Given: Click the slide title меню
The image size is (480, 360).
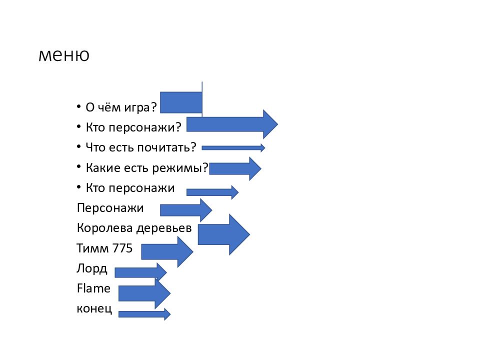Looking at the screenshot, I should (x=63, y=55).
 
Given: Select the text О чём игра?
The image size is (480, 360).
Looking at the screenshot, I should (x=121, y=107).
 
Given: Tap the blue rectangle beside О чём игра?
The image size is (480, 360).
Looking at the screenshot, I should (x=181, y=102).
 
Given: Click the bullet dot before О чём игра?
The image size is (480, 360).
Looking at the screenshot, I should (x=78, y=107).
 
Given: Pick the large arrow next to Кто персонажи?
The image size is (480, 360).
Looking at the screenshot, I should (x=232, y=124).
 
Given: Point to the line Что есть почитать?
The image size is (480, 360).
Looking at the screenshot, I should (x=141, y=147).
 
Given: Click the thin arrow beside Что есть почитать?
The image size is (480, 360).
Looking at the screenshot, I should (x=233, y=147).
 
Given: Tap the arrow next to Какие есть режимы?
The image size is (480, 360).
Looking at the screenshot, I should (x=235, y=168).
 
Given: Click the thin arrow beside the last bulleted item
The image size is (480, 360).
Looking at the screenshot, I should (x=212, y=192).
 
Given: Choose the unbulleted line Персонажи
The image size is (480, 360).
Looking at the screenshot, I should (x=110, y=208).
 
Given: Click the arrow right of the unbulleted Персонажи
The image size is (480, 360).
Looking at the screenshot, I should (x=185, y=210).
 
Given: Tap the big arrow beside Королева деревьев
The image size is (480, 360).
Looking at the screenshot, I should (x=223, y=234).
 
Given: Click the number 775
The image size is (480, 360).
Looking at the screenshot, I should (x=123, y=248).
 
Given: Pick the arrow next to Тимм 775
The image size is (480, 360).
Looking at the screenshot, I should (x=167, y=251).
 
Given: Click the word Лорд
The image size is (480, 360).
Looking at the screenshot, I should (x=92, y=268).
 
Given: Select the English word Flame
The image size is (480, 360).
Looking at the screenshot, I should (x=93, y=288).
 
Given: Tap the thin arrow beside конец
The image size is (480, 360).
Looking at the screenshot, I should (x=144, y=314).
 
